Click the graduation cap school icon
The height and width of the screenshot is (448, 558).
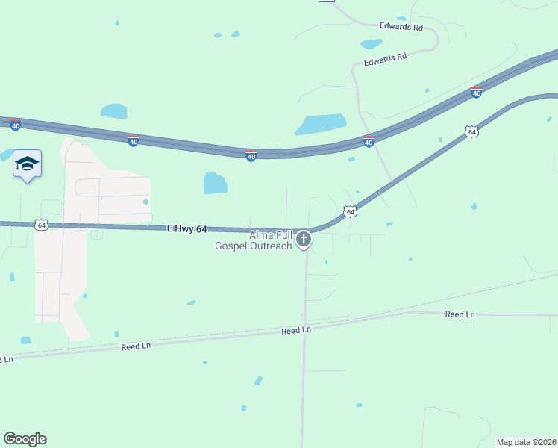click(x=27, y=164)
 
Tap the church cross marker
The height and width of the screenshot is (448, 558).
click(x=304, y=240)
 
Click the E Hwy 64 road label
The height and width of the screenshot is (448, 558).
click(x=187, y=228)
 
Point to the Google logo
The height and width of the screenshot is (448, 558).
click(x=25, y=439)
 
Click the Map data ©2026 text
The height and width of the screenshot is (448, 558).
click(x=526, y=442)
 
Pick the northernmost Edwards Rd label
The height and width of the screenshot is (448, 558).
click(x=401, y=27)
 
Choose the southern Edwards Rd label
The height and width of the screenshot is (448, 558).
click(x=385, y=59)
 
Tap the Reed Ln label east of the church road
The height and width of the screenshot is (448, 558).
click(x=460, y=314)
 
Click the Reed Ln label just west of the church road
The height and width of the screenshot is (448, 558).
click(x=295, y=330)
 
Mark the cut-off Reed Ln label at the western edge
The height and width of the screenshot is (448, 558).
click(x=6, y=360)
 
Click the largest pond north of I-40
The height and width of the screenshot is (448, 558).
click(x=322, y=124)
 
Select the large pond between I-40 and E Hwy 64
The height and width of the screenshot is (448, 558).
click(x=215, y=182)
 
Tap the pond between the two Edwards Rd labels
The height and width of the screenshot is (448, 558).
click(x=371, y=43)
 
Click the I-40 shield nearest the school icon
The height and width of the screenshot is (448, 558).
click(x=16, y=125)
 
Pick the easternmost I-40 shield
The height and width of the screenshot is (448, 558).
click(x=476, y=93)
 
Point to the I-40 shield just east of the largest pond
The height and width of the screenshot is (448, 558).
click(x=369, y=140)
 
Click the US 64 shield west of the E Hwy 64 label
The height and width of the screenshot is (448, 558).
click(x=41, y=224)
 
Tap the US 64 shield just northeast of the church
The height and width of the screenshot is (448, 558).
click(x=350, y=212)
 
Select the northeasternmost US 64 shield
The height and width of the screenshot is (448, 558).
click(x=471, y=132)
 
